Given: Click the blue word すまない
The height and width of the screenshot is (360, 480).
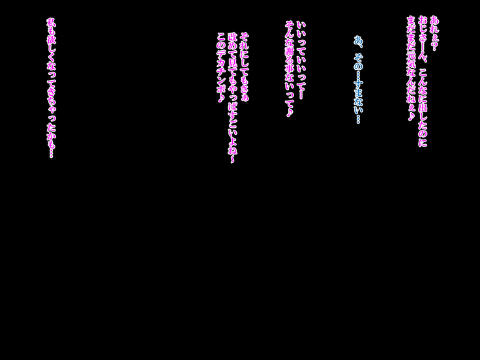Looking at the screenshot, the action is click(358, 97).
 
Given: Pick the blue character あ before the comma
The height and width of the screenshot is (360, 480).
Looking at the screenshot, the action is click(358, 40).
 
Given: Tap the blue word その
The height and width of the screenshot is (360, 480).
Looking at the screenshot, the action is click(358, 61).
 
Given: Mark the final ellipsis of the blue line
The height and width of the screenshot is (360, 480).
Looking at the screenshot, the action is click(358, 119).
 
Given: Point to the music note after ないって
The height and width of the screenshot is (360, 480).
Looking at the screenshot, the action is click(290, 112).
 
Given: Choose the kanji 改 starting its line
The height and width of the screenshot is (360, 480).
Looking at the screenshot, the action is click(232, 38).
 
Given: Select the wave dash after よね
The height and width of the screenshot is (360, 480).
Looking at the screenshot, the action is click(232, 159).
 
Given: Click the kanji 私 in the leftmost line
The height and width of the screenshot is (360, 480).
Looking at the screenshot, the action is click(52, 23).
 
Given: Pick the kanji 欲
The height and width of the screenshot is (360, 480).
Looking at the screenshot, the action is click(52, 41).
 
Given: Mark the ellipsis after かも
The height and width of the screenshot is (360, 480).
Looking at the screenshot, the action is click(52, 153).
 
